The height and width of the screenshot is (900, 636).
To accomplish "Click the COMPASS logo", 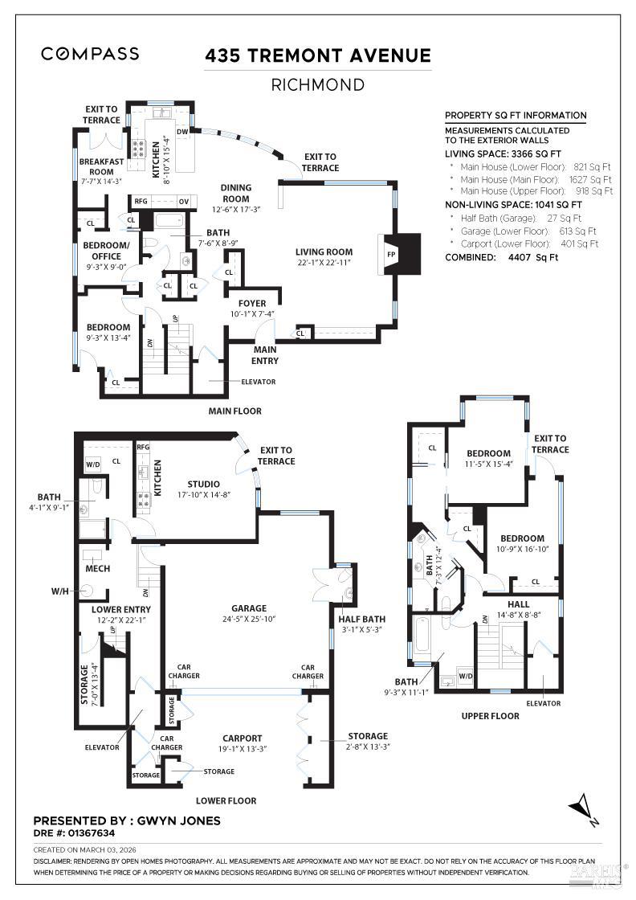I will [90, 54].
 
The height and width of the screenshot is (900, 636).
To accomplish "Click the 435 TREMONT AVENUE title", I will [317, 55].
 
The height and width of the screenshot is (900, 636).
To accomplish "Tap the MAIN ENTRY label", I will [266, 355].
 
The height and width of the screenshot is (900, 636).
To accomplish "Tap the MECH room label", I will [97, 568].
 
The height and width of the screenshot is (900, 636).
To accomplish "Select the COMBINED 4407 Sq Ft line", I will [501, 257].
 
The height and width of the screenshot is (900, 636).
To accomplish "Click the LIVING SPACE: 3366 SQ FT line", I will [503, 153].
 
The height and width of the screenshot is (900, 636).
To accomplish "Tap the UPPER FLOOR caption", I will [490, 715].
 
